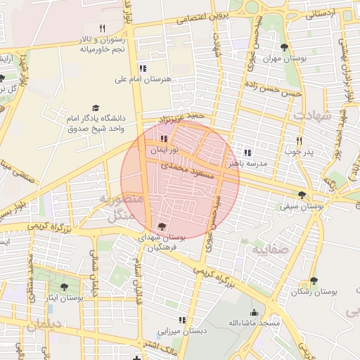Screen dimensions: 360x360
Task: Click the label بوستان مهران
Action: point(286,59)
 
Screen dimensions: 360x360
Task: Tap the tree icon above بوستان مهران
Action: point(284,48)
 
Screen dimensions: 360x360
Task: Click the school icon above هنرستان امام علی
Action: point(143,68)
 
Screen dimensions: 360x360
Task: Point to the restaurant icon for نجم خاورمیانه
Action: point(102,28)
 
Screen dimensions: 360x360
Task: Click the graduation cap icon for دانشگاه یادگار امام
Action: point(95,108)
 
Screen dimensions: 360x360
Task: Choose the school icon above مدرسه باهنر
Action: point(247,152)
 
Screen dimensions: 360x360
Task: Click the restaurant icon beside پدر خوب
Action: point(300,141)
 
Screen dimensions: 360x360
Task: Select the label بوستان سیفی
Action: point(302,207)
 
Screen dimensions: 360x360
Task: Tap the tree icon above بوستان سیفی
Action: point(302,195)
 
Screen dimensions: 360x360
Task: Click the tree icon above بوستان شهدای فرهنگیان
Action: point(162,226)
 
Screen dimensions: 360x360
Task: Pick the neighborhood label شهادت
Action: point(312,115)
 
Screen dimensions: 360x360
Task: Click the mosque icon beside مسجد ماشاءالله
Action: point(255,313)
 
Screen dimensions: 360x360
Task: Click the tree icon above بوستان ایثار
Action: point(65,287)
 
